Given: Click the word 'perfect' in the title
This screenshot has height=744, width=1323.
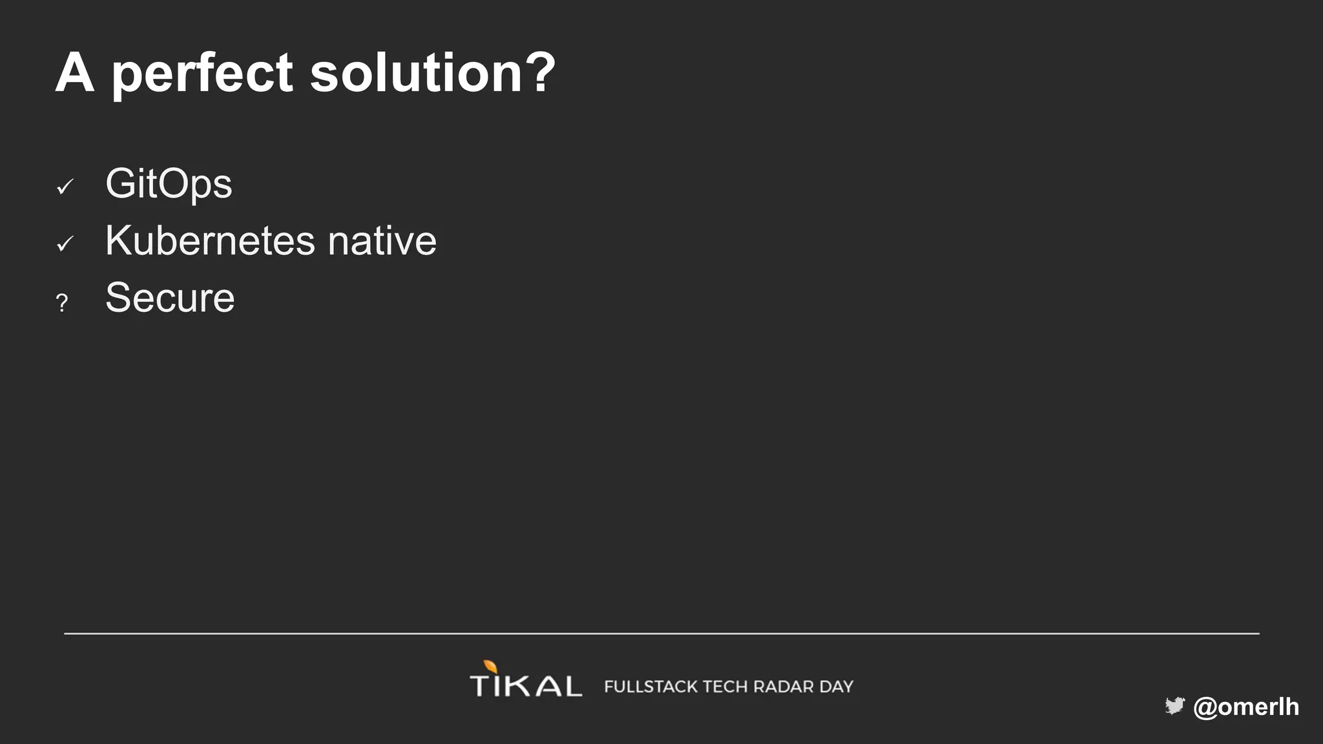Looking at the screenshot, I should pos(203,74).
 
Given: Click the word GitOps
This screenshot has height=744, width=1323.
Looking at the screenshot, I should pos(169,185).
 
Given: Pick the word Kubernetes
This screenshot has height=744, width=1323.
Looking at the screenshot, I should pos(210,241).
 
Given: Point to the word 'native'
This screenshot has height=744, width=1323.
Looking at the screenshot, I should pos(382,241).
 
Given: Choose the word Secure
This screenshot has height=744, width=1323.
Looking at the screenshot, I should pos(170,298).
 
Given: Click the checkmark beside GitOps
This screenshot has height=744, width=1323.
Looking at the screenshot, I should pos(65,187).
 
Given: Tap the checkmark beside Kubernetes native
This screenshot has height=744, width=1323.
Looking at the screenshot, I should pos(65,244).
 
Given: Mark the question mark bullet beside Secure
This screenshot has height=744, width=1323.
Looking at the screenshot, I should pos(62,302).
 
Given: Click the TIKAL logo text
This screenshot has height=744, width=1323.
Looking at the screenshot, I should pos(526,685).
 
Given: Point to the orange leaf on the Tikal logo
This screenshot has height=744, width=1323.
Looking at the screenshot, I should pos(491,666).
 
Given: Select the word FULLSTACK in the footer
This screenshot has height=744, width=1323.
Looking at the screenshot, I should pos(651,687).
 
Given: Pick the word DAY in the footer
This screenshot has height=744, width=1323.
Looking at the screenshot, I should pos(837,687).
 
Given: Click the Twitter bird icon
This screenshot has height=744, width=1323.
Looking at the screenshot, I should pos(1174,706).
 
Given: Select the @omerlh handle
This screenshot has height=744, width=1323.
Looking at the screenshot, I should pos(1246,707).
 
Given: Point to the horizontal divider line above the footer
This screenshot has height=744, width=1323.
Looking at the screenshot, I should pos(661,634).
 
